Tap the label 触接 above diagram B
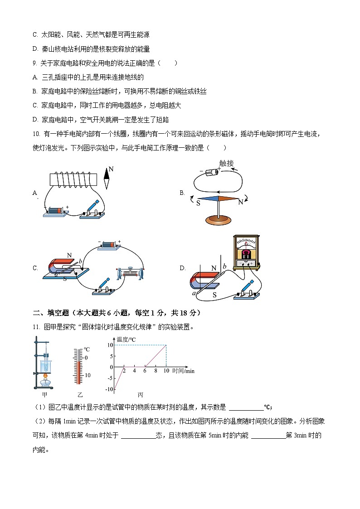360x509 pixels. (226, 164)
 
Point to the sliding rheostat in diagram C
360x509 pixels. (130, 273)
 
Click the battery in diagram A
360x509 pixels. (55, 211)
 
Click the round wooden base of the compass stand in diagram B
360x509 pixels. (219, 220)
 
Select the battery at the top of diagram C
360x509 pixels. (109, 245)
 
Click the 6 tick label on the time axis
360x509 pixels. (145, 371)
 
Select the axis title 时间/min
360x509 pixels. (183, 371)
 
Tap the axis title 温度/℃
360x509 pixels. (126, 339)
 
